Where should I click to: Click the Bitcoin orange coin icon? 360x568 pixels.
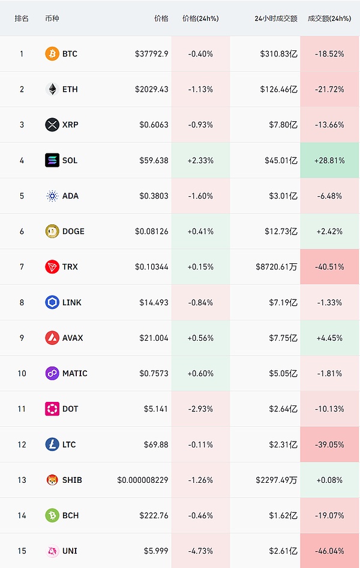pyautogui.click(x=52, y=54)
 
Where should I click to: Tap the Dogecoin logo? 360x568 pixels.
pyautogui.click(x=52, y=231)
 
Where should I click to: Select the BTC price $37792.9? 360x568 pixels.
pyautogui.click(x=152, y=54)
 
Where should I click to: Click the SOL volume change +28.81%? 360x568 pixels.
pyautogui.click(x=329, y=160)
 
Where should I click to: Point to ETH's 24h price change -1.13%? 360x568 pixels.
pyautogui.click(x=200, y=89)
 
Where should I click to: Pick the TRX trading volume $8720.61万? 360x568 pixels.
pyautogui.click(x=276, y=266)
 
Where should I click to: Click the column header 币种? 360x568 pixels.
pyautogui.click(x=52, y=19)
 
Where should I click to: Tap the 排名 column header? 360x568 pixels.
pyautogui.click(x=22, y=19)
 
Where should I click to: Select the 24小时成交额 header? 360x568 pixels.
pyautogui.click(x=275, y=19)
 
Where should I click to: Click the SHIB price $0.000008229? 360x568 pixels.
pyautogui.click(x=143, y=480)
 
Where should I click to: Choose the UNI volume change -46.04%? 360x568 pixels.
pyautogui.click(x=329, y=551)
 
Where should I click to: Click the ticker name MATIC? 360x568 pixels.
pyautogui.click(x=75, y=373)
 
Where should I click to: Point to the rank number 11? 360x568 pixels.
pyautogui.click(x=22, y=408)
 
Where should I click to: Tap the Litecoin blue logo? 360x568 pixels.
pyautogui.click(x=52, y=444)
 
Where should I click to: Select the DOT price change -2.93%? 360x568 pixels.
pyautogui.click(x=200, y=408)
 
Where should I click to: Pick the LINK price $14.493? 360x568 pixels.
pyautogui.click(x=154, y=302)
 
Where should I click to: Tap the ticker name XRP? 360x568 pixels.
pyautogui.click(x=70, y=125)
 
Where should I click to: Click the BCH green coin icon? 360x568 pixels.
pyautogui.click(x=52, y=515)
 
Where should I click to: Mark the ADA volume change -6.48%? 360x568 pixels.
pyautogui.click(x=329, y=196)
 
